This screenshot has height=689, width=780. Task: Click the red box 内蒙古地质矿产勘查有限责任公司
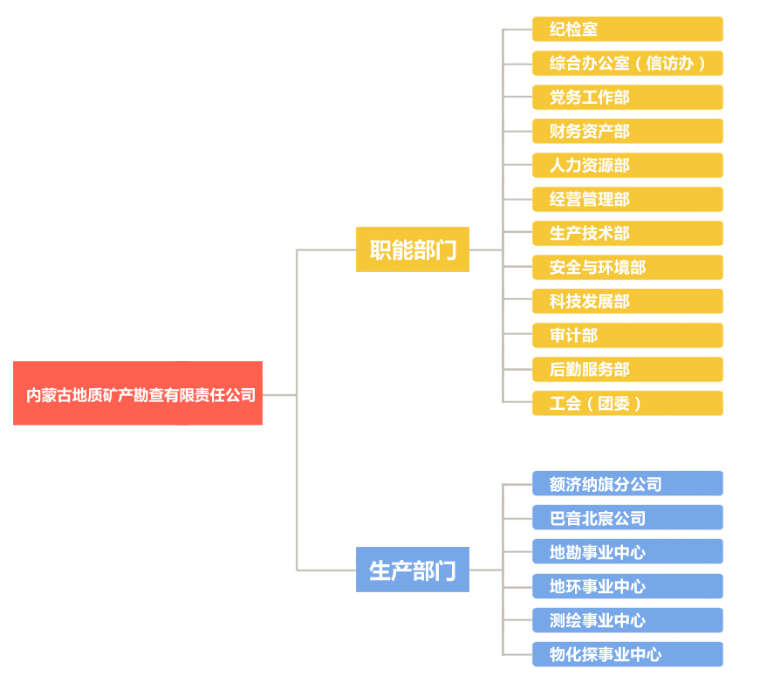(x=138, y=393)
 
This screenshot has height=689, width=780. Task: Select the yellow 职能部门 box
(x=413, y=249)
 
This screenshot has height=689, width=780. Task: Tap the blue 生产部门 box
(x=413, y=570)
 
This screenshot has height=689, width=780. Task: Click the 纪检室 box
(x=627, y=30)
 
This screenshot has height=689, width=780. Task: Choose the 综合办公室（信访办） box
(x=627, y=63)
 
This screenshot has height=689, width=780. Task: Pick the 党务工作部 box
(x=627, y=98)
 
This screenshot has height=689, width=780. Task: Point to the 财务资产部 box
(x=627, y=131)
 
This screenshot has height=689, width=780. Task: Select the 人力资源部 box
(x=627, y=166)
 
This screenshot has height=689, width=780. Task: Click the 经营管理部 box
(x=627, y=200)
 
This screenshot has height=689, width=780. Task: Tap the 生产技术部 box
(x=627, y=234)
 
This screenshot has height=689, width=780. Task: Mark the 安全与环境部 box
(x=627, y=268)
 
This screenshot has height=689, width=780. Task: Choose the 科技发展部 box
(x=627, y=301)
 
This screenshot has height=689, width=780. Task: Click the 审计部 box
(x=627, y=336)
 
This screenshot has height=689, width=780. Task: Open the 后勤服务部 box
(x=627, y=369)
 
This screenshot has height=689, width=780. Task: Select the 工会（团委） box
(x=627, y=403)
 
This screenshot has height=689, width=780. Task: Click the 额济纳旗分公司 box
(x=627, y=484)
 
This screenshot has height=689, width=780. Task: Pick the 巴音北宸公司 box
(x=627, y=517)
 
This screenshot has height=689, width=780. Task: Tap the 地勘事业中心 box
(x=627, y=552)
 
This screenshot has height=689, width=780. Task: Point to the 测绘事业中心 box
(x=627, y=620)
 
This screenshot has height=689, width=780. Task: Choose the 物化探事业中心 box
(x=627, y=654)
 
